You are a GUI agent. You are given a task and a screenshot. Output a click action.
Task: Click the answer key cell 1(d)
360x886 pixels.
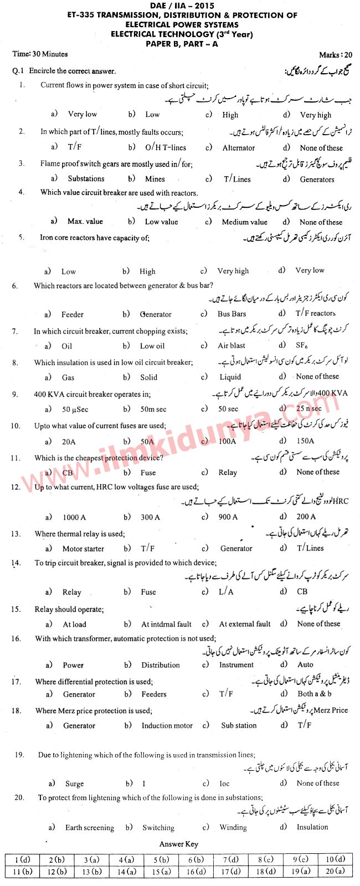(23, 859)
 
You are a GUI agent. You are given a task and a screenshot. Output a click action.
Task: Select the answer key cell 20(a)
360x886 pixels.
(335, 871)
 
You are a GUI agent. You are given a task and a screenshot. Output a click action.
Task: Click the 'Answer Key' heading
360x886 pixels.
(178, 844)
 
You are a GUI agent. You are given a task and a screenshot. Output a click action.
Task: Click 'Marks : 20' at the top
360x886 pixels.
(335, 54)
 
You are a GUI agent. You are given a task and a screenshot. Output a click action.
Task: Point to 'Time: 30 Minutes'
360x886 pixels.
(40, 54)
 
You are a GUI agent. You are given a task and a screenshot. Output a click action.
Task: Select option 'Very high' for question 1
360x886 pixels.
(315, 115)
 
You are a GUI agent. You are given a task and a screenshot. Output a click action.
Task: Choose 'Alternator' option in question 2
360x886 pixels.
(239, 148)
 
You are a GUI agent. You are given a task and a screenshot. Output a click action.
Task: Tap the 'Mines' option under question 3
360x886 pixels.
(155, 179)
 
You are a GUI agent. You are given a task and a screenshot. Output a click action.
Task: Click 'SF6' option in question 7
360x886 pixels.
(302, 345)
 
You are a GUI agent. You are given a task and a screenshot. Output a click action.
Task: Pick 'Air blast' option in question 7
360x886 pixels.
(232, 345)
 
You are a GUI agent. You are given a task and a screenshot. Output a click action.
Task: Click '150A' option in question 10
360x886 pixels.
(305, 441)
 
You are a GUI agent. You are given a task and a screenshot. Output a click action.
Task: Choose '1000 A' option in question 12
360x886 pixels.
(74, 517)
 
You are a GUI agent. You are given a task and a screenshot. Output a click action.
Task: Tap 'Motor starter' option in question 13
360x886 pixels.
(83, 549)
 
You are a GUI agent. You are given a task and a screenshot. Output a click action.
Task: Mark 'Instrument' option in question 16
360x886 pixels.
(236, 665)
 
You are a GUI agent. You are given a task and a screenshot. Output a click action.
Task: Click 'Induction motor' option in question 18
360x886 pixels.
(167, 725)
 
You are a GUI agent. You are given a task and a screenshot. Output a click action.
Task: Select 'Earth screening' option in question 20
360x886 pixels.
(89, 827)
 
